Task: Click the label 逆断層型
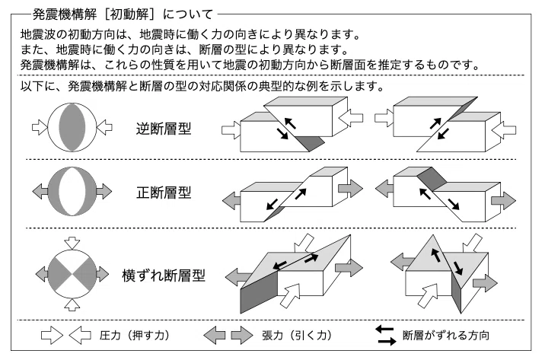pos(164,129)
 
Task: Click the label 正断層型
pos(164,192)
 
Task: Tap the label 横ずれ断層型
pos(164,276)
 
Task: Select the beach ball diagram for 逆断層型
pos(72,127)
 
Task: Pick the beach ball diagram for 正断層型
pos(72,191)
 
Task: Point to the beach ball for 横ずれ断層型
pos(72,274)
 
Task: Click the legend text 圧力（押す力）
pos(134,336)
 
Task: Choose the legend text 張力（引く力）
pos(297,336)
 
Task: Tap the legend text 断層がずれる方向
pos(446,336)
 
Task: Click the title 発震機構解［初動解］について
pos(123,14)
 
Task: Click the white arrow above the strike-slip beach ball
pos(72,243)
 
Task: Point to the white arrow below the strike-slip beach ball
pos(72,304)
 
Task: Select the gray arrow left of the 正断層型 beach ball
pos(40,191)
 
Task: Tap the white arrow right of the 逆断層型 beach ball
pos(104,127)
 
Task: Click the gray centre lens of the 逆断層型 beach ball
pos(72,127)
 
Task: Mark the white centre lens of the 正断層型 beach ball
pos(72,191)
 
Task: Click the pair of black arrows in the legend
pos(385,336)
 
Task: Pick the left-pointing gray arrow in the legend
pos(214,336)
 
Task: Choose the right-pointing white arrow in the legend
pos(52,336)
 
